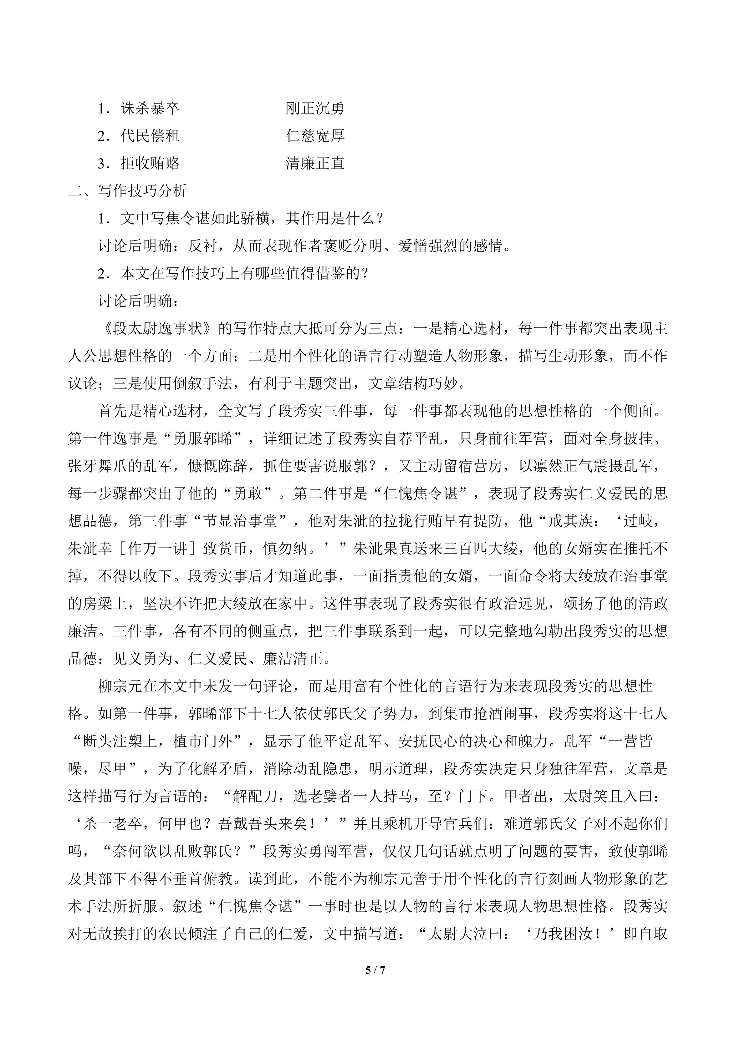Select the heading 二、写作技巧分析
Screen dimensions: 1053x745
[128, 191]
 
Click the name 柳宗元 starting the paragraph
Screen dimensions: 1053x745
[120, 686]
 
